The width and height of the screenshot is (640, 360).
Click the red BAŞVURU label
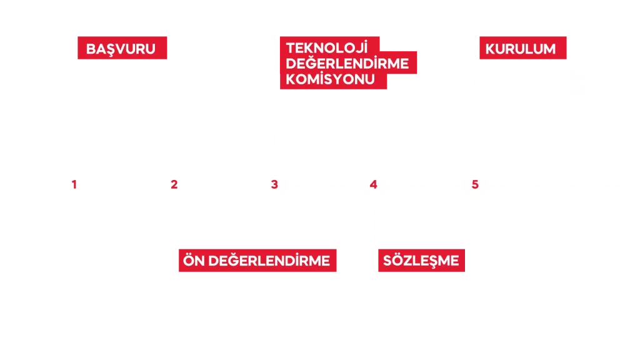click(122, 47)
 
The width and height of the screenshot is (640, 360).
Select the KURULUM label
click(523, 47)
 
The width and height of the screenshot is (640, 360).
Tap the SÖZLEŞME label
click(421, 261)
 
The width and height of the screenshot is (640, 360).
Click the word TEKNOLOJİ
click(327, 47)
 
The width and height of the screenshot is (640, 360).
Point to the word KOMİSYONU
click(330, 79)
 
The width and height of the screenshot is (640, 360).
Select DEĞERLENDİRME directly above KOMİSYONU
click(347, 63)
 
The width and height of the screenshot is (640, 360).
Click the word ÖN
click(194, 260)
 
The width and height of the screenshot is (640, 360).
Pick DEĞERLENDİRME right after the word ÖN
click(269, 261)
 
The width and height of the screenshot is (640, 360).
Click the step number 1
click(74, 184)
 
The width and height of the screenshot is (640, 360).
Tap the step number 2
click(174, 184)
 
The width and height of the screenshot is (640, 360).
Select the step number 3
click(274, 184)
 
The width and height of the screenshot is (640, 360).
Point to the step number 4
click(374, 184)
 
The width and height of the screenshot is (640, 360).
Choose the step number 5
click(475, 184)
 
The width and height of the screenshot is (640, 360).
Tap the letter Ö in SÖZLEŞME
click(398, 259)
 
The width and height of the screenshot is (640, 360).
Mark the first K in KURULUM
click(490, 49)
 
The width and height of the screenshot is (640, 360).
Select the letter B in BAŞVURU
click(91, 49)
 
